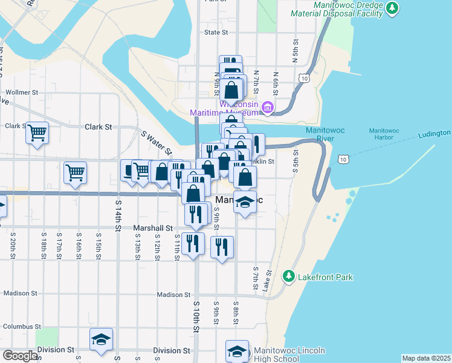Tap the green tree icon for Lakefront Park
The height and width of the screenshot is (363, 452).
pos(289,276)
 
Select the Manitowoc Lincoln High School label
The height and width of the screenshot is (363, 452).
pos(289,355)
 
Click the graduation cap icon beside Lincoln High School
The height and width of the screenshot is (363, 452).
pos(237,351)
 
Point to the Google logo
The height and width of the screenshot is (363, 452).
pos(20,356)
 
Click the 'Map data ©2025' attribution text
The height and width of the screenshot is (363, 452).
pos(426,358)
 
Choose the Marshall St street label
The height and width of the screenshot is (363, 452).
pos(153,228)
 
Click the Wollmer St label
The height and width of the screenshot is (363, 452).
pos(22,93)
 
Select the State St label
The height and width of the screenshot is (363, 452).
pos(216,32)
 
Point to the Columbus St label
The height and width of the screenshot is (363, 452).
pos(21,326)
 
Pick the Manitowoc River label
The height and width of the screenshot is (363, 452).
pos(328,134)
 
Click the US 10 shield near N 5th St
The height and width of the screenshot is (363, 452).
pos(304,78)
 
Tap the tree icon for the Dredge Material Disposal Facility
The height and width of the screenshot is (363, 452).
pos(393,8)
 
